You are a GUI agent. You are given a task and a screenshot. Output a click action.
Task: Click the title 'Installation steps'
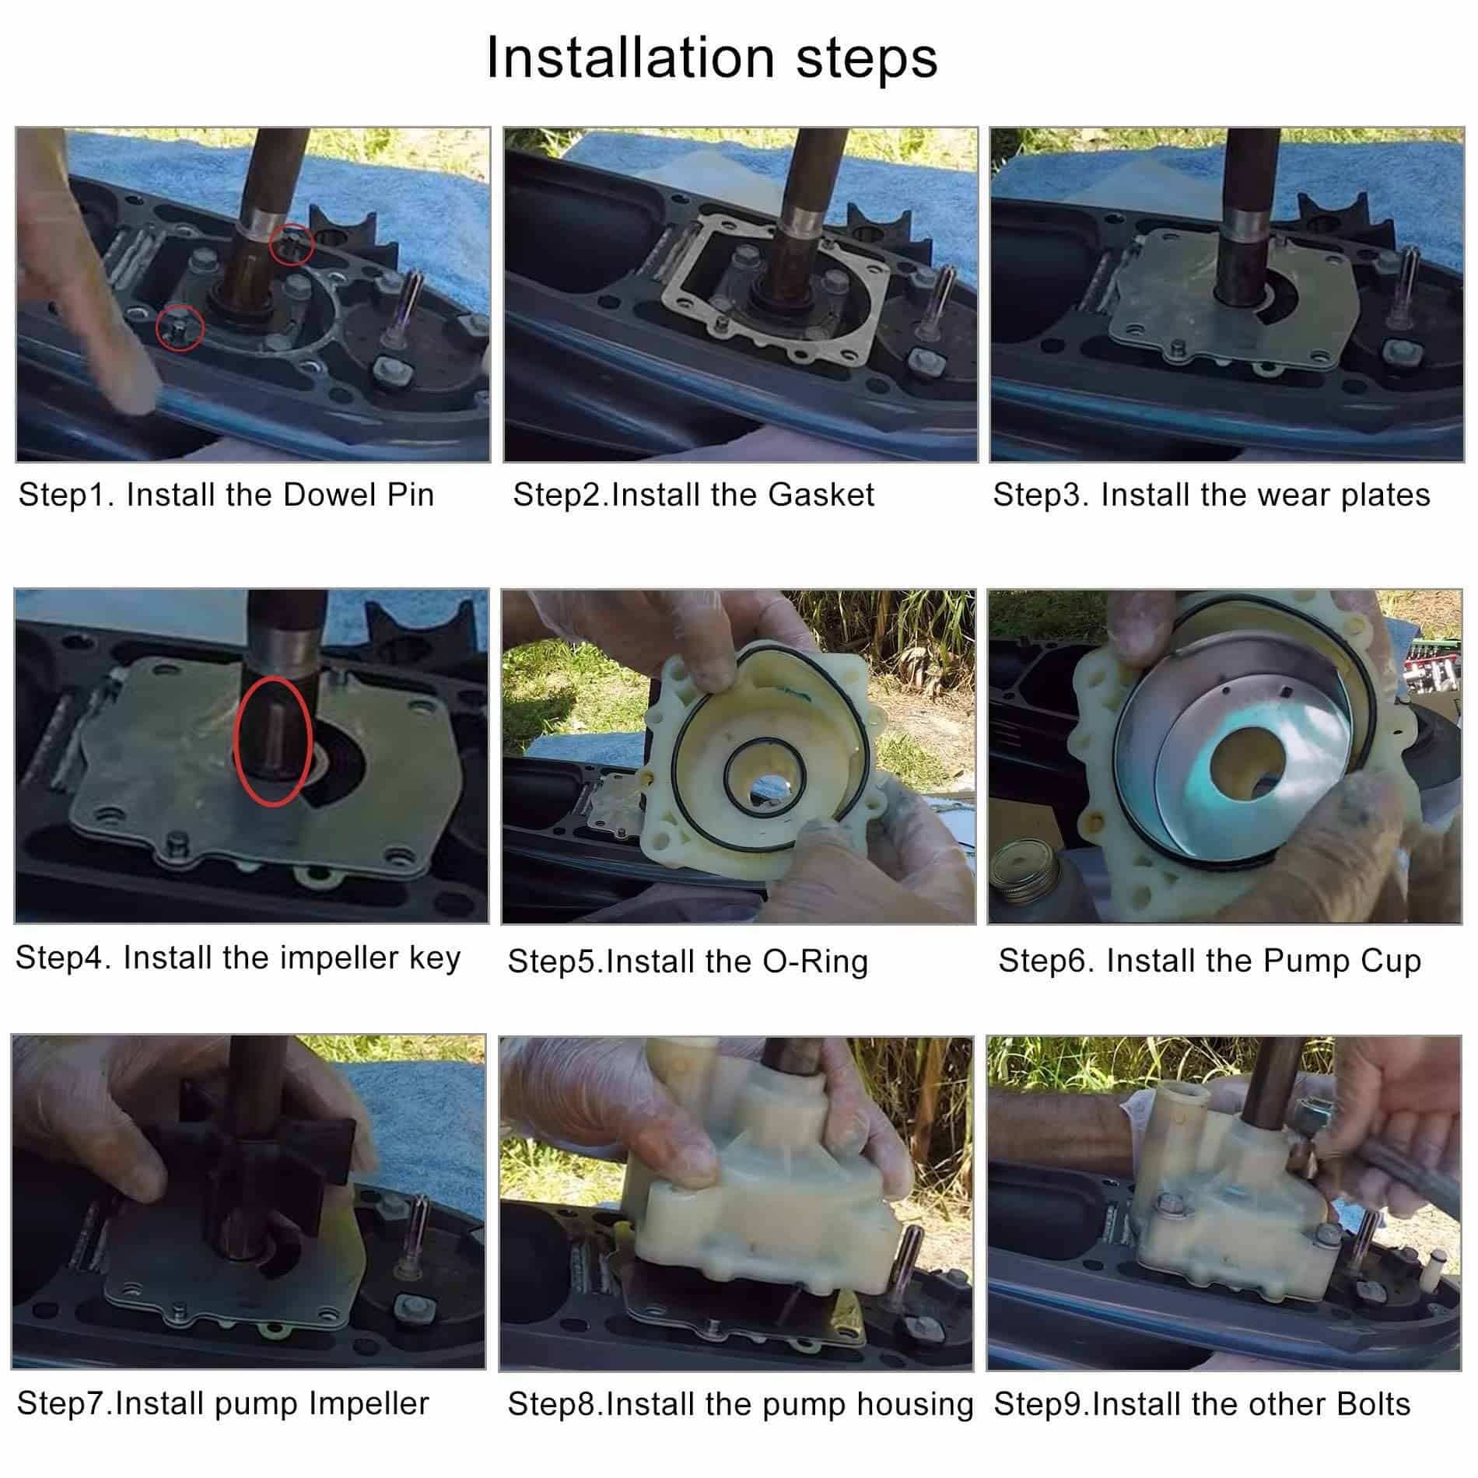(712, 58)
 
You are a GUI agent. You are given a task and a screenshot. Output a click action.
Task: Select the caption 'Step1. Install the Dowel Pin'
(226, 495)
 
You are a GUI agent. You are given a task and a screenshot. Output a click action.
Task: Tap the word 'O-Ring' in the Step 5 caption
(814, 962)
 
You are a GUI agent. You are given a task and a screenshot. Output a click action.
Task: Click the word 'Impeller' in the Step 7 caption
(369, 1404)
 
